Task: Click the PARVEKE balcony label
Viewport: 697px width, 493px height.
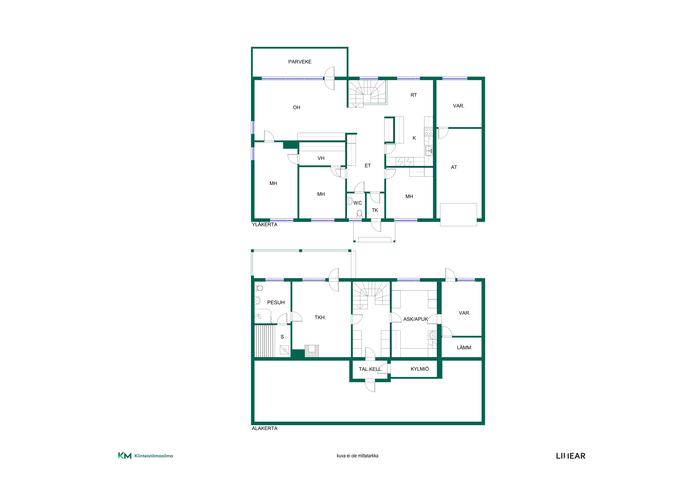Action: coord(300,62)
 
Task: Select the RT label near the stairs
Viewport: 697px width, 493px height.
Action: coord(414,95)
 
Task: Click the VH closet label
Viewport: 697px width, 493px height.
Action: coord(321,158)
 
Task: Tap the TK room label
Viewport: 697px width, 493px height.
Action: coord(375,210)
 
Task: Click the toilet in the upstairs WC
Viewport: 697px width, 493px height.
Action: coord(359,214)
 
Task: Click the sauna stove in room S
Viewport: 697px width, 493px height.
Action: coord(284,350)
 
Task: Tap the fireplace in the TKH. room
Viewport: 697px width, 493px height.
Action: coord(311,351)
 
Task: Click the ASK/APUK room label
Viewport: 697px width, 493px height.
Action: coord(416,319)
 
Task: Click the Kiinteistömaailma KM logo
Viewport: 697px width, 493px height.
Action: coord(145,456)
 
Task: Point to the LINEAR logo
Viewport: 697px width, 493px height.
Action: coord(571,456)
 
